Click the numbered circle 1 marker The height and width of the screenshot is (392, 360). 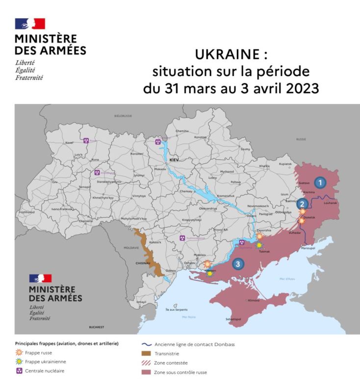pyautogui.click(x=320, y=182)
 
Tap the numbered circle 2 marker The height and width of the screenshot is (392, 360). pyautogui.click(x=303, y=204)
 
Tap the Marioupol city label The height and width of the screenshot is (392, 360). pyautogui.click(x=308, y=248)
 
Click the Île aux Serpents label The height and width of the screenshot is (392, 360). pyautogui.click(x=175, y=310)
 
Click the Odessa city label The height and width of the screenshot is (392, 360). pyautogui.click(x=170, y=270)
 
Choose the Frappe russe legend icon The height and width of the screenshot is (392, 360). pyautogui.click(x=20, y=352)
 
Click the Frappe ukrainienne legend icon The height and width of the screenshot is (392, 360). pyautogui.click(x=20, y=362)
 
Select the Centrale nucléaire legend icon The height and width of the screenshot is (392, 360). pyautogui.click(x=20, y=371)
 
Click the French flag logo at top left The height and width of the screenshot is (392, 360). pyautogui.click(x=30, y=24)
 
